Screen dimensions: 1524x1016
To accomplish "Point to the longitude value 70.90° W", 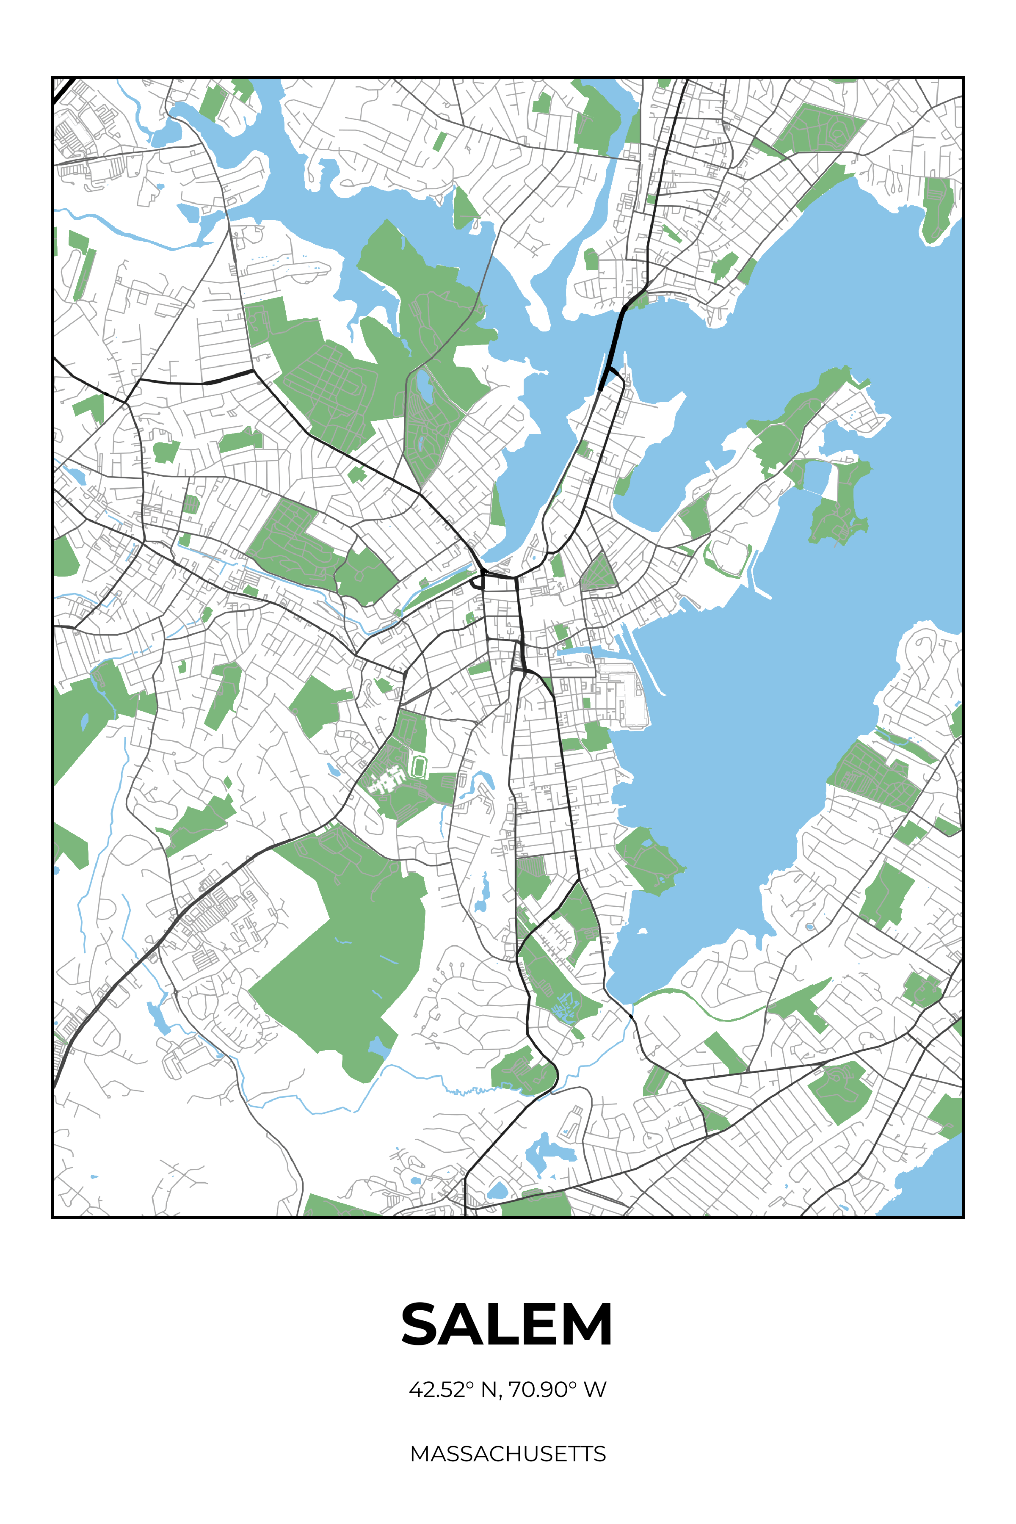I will point(557,1389).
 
